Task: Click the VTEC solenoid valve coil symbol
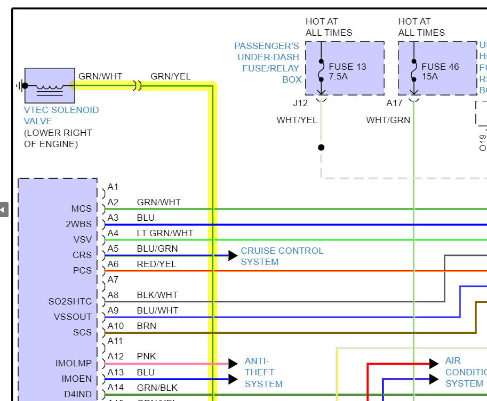click(50, 85)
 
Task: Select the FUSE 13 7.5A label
click(347, 71)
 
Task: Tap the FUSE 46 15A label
click(440, 71)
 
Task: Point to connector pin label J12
click(300, 103)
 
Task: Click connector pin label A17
click(394, 103)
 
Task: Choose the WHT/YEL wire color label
click(297, 121)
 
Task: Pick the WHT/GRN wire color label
click(388, 121)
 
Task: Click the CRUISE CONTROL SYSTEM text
click(282, 256)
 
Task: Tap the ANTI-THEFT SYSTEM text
click(264, 372)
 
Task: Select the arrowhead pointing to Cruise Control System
click(233, 255)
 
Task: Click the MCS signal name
click(82, 208)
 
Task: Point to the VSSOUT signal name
click(73, 317)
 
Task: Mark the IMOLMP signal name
click(74, 363)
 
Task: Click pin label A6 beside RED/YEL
click(113, 264)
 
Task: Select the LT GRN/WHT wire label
click(165, 233)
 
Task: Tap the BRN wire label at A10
click(146, 326)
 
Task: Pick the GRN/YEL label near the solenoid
click(170, 76)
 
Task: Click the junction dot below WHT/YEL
click(321, 147)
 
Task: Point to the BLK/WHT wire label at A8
click(157, 295)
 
